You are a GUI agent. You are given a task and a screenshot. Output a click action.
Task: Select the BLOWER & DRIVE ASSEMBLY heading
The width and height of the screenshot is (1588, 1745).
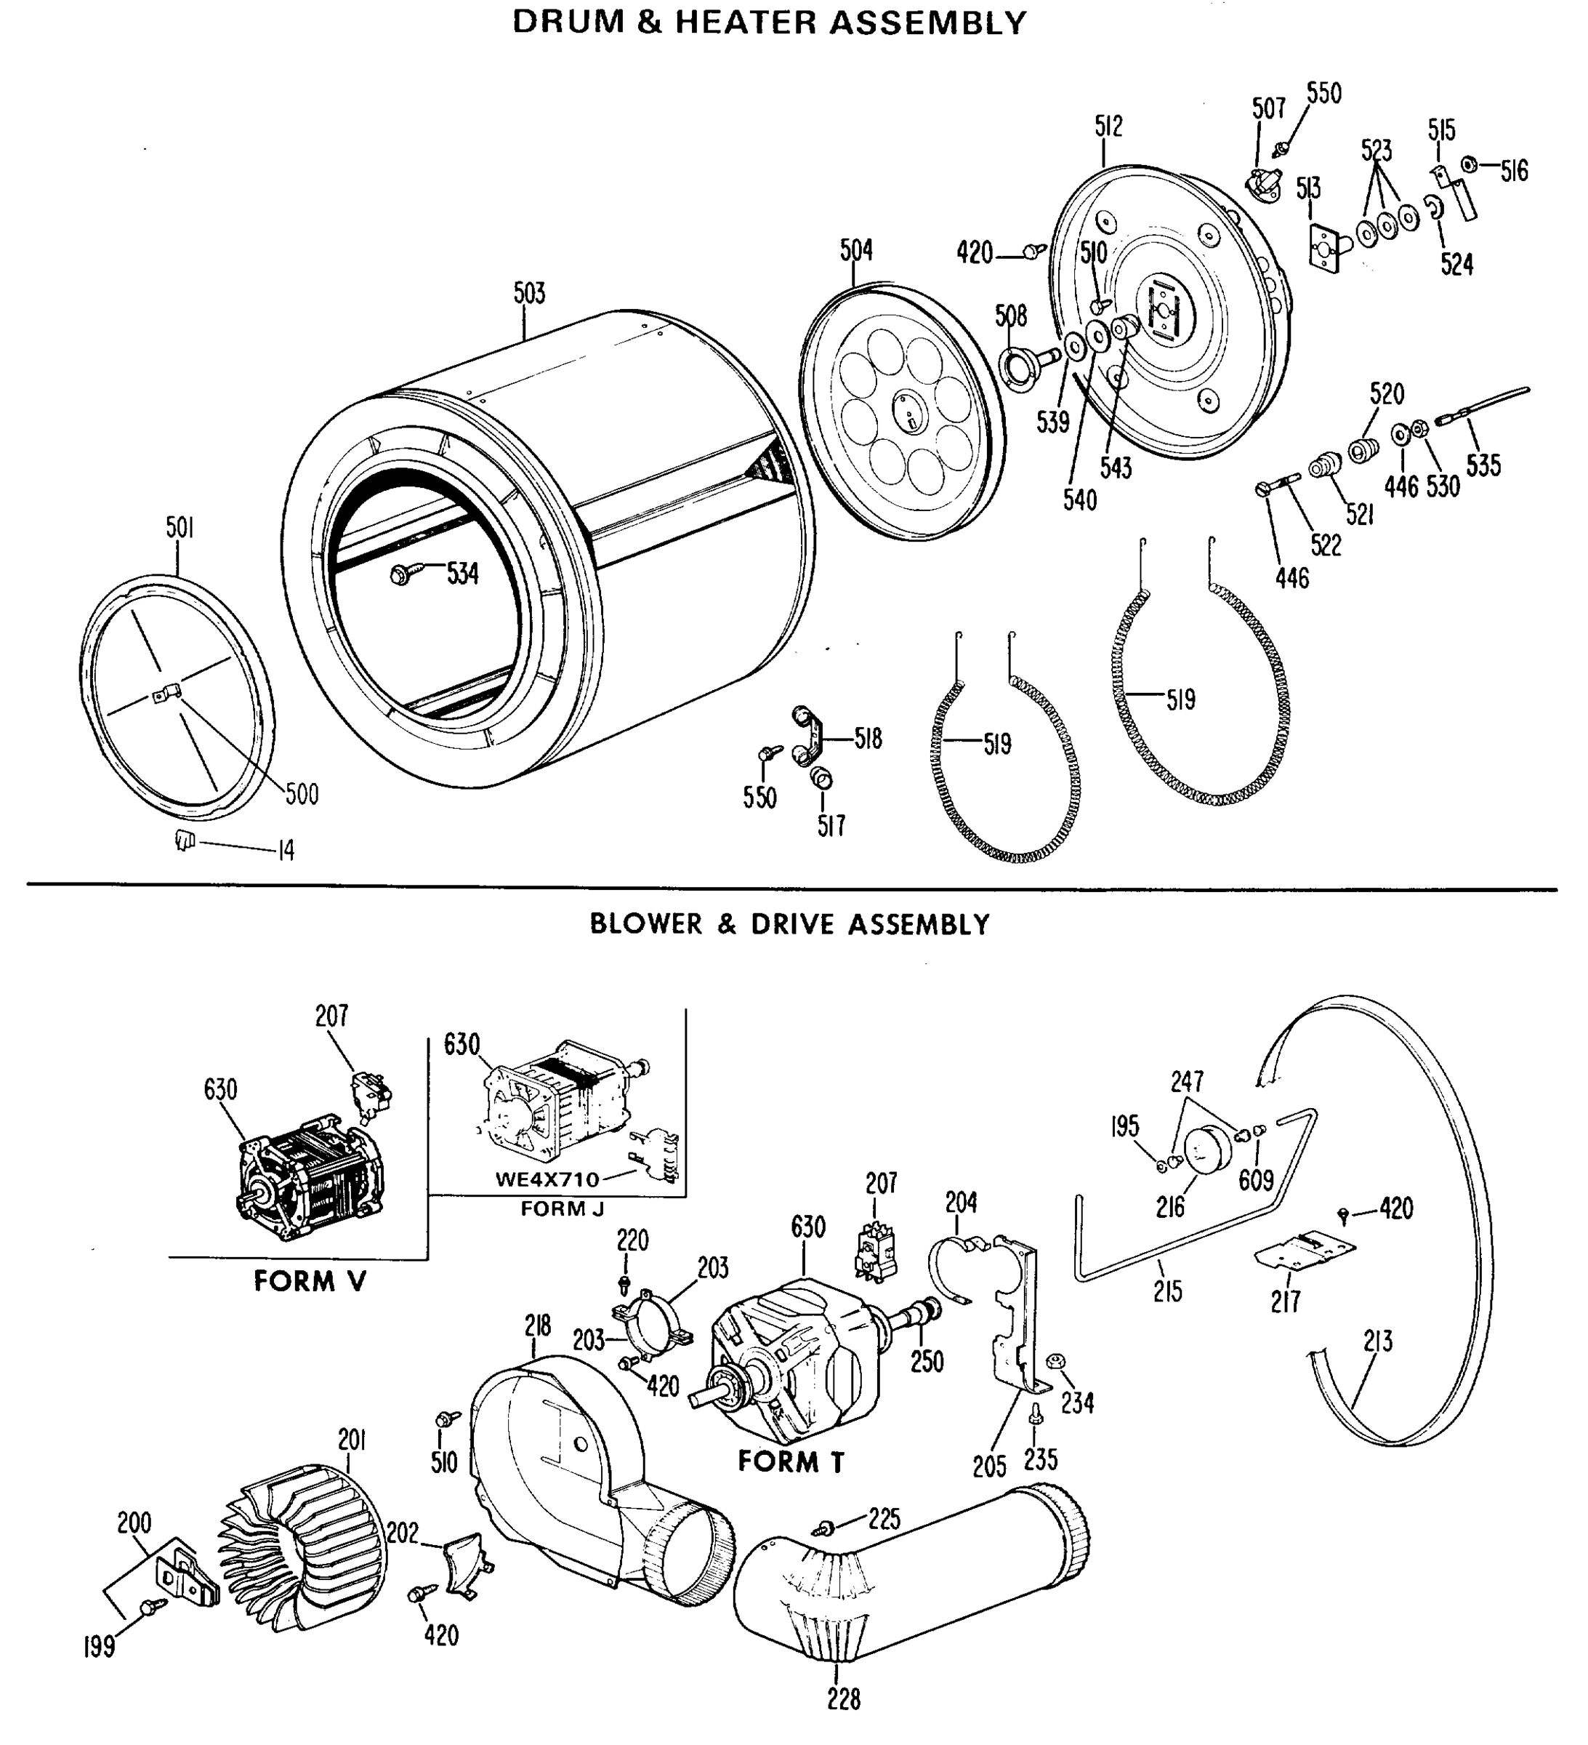(789, 924)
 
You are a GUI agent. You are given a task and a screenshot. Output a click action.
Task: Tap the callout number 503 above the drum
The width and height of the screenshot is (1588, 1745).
(530, 294)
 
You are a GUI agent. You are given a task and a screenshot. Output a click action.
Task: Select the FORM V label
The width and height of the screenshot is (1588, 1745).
(310, 1281)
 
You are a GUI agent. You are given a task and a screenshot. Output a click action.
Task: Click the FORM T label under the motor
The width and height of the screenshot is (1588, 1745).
(790, 1462)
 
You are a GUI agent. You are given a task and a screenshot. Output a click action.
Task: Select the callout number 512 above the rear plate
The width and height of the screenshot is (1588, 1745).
(1108, 127)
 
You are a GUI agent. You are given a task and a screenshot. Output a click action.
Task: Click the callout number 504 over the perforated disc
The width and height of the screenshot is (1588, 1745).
(856, 250)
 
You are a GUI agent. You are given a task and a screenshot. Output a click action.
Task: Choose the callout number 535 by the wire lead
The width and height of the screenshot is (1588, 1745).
(1483, 465)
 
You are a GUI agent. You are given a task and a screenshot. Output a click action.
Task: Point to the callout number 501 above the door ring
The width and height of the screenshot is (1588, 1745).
(179, 528)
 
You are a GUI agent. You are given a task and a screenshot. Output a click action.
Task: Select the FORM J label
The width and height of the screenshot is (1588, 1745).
(562, 1208)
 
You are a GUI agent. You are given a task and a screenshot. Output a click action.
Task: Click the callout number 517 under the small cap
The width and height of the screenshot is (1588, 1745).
(831, 826)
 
